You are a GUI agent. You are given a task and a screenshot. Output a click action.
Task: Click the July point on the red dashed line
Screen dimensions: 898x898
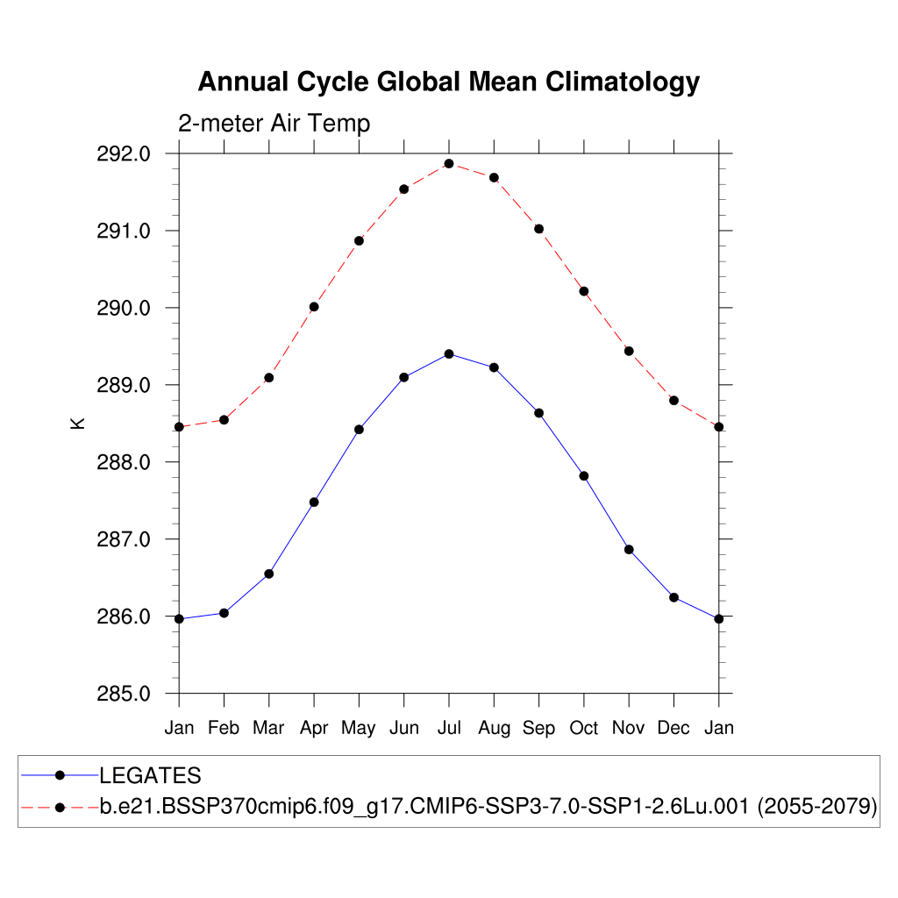point(449,164)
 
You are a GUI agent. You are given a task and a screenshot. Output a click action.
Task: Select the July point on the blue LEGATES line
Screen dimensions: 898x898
point(449,354)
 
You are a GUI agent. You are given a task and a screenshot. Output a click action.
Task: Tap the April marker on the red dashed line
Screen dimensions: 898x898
point(314,307)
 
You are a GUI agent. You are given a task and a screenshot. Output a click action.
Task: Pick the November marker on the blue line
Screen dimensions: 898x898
point(629,550)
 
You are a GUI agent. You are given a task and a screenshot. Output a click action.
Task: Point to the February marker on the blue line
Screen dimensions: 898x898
point(224,613)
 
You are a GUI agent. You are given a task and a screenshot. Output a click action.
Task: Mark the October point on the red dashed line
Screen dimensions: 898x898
point(584,291)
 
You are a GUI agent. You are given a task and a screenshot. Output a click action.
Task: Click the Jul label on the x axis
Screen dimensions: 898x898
point(449,728)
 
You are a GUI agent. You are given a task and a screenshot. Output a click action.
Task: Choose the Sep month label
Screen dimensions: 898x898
point(538,728)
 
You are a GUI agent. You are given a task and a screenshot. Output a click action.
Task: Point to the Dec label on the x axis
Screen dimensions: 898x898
point(673,728)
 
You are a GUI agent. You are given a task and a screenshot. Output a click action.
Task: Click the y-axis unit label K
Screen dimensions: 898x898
point(78,423)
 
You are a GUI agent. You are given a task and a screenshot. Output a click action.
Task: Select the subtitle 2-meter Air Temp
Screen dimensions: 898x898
point(274,124)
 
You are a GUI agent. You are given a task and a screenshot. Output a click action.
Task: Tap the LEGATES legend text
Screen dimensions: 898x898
point(150,775)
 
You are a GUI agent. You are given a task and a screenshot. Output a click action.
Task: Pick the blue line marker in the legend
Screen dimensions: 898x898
point(60,775)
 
